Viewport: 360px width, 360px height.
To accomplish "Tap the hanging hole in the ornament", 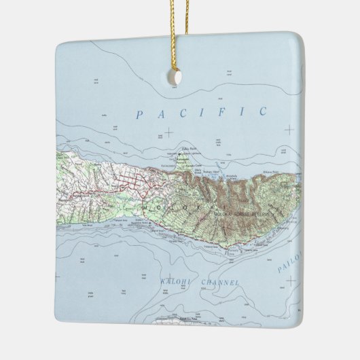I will pyautogui.click(x=175, y=77).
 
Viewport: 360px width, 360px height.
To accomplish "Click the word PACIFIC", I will pyautogui.click(x=201, y=113).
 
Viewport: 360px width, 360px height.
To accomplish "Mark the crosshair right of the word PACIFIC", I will pyautogui.click(x=290, y=129).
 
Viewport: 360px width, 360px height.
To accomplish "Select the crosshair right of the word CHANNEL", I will pyautogui.click(x=290, y=280).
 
